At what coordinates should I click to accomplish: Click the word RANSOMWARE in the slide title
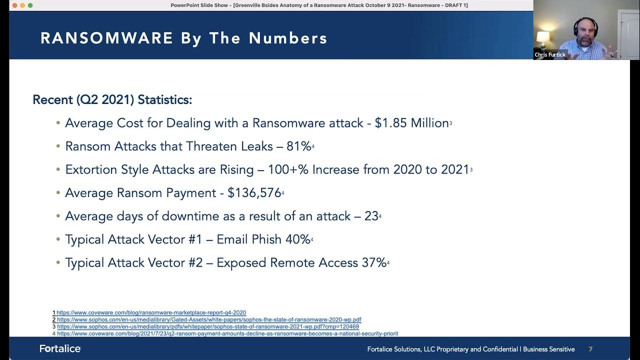107,38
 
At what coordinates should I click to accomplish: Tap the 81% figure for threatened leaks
298,146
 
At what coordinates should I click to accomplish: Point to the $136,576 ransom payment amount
254,193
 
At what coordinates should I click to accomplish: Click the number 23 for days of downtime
371,216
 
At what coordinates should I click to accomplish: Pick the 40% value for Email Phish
297,239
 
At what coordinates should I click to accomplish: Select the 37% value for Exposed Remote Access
373,263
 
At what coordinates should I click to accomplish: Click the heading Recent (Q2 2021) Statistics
112,99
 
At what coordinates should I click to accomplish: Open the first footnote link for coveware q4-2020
151,313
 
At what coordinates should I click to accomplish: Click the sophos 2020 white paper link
208,320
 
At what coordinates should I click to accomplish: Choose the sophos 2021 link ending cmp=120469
207,327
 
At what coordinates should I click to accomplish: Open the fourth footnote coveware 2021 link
227,333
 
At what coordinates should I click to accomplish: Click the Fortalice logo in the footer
60,348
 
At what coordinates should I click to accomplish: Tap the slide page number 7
590,349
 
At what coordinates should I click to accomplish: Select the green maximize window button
30,5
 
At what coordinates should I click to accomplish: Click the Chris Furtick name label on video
550,55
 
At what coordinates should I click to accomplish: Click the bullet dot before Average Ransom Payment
58,193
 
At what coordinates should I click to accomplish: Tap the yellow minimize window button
22,5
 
